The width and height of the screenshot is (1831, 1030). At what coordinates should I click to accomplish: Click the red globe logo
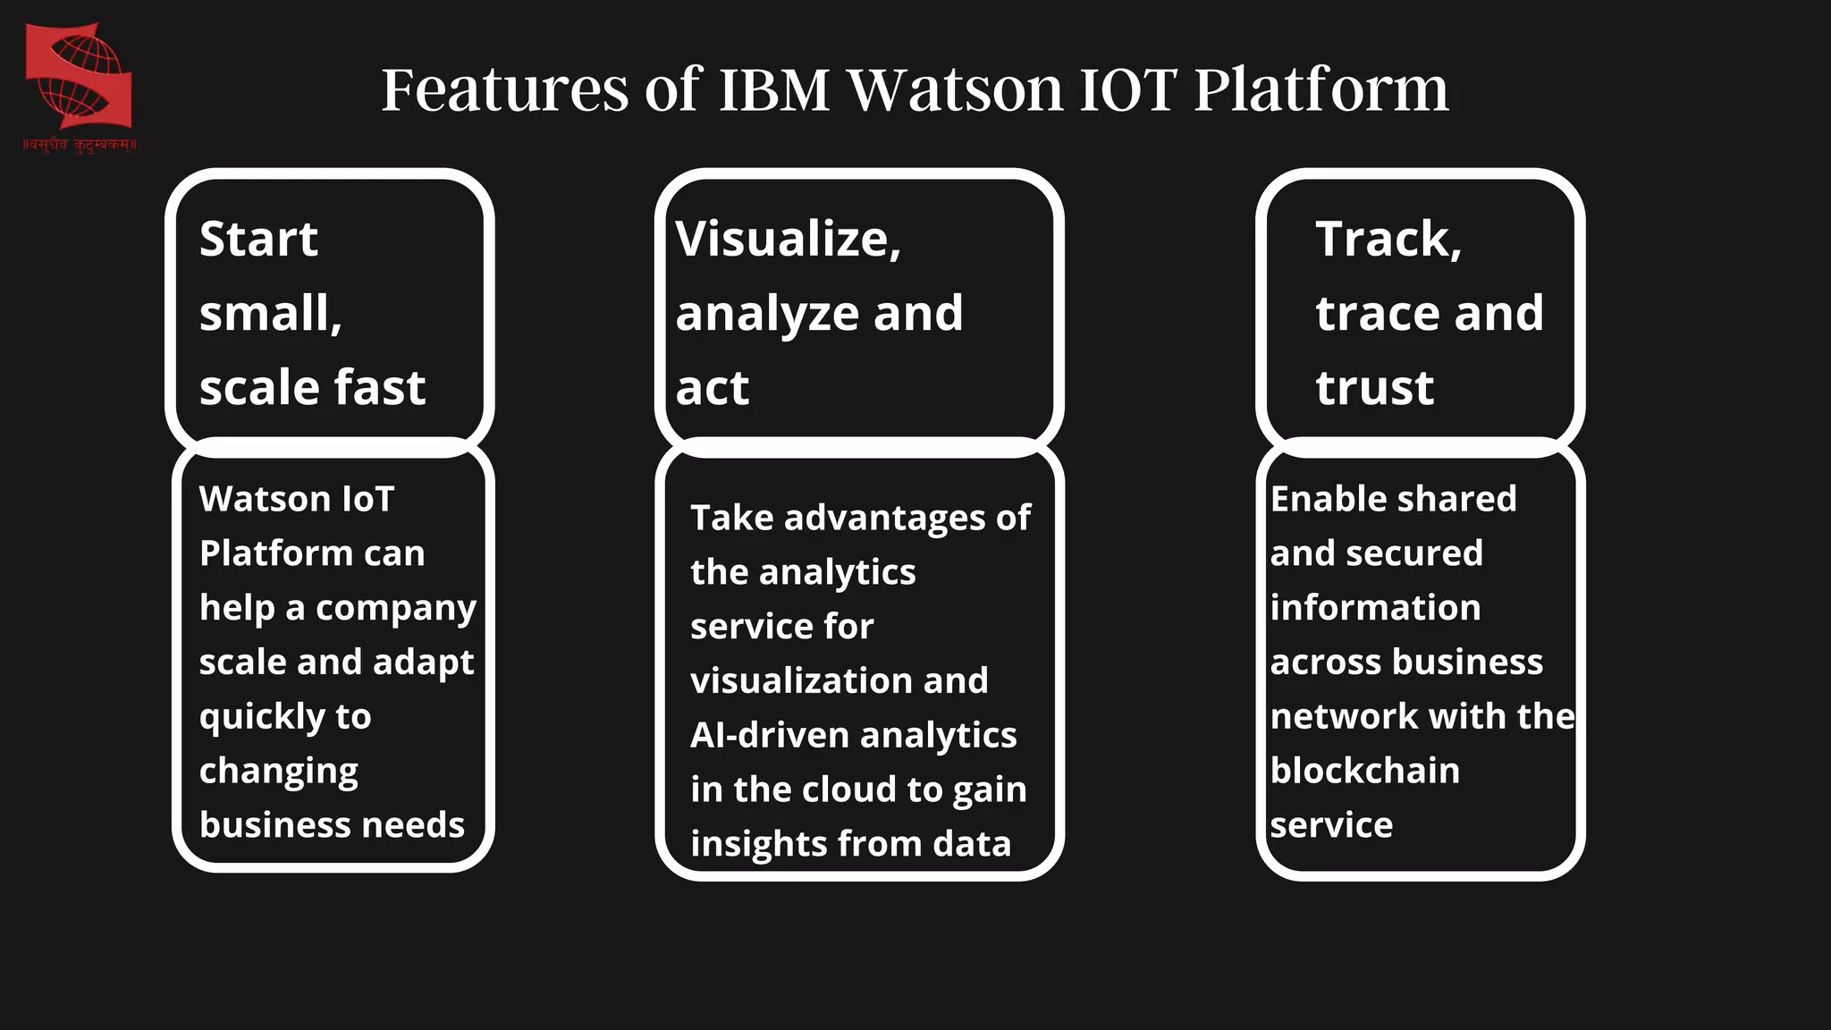pos(79,76)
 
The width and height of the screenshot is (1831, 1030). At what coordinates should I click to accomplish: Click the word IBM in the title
pos(774,89)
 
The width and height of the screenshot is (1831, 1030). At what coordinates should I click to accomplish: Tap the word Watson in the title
pos(956,89)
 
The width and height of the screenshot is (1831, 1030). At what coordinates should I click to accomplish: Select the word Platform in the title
pos(1321,89)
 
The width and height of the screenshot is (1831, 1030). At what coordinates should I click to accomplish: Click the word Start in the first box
pos(258,240)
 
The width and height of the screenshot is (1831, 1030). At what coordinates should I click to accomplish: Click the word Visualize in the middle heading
pos(784,240)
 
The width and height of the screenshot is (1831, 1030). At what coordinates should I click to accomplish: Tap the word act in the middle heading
pos(712,388)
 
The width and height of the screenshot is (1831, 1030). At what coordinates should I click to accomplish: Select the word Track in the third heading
pos(1384,240)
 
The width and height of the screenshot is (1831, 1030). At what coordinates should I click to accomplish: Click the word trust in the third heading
pos(1374,388)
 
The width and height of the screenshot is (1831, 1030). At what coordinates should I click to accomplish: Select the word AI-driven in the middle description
pos(769,736)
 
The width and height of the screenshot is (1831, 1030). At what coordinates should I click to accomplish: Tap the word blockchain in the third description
pos(1364,771)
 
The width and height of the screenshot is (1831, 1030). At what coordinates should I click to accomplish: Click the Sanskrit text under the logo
pos(80,145)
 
